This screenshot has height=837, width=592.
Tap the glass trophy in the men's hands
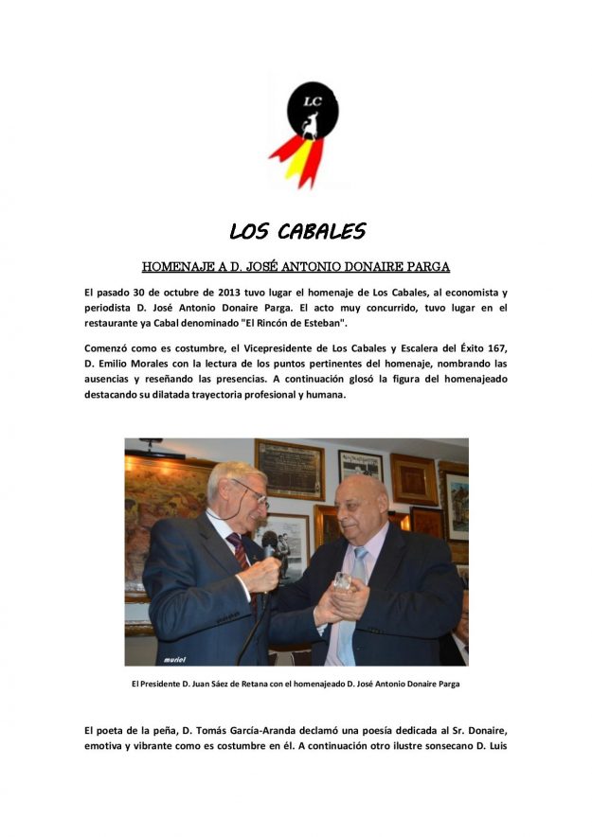pos(342,582)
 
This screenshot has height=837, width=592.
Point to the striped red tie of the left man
pos(240,554)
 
